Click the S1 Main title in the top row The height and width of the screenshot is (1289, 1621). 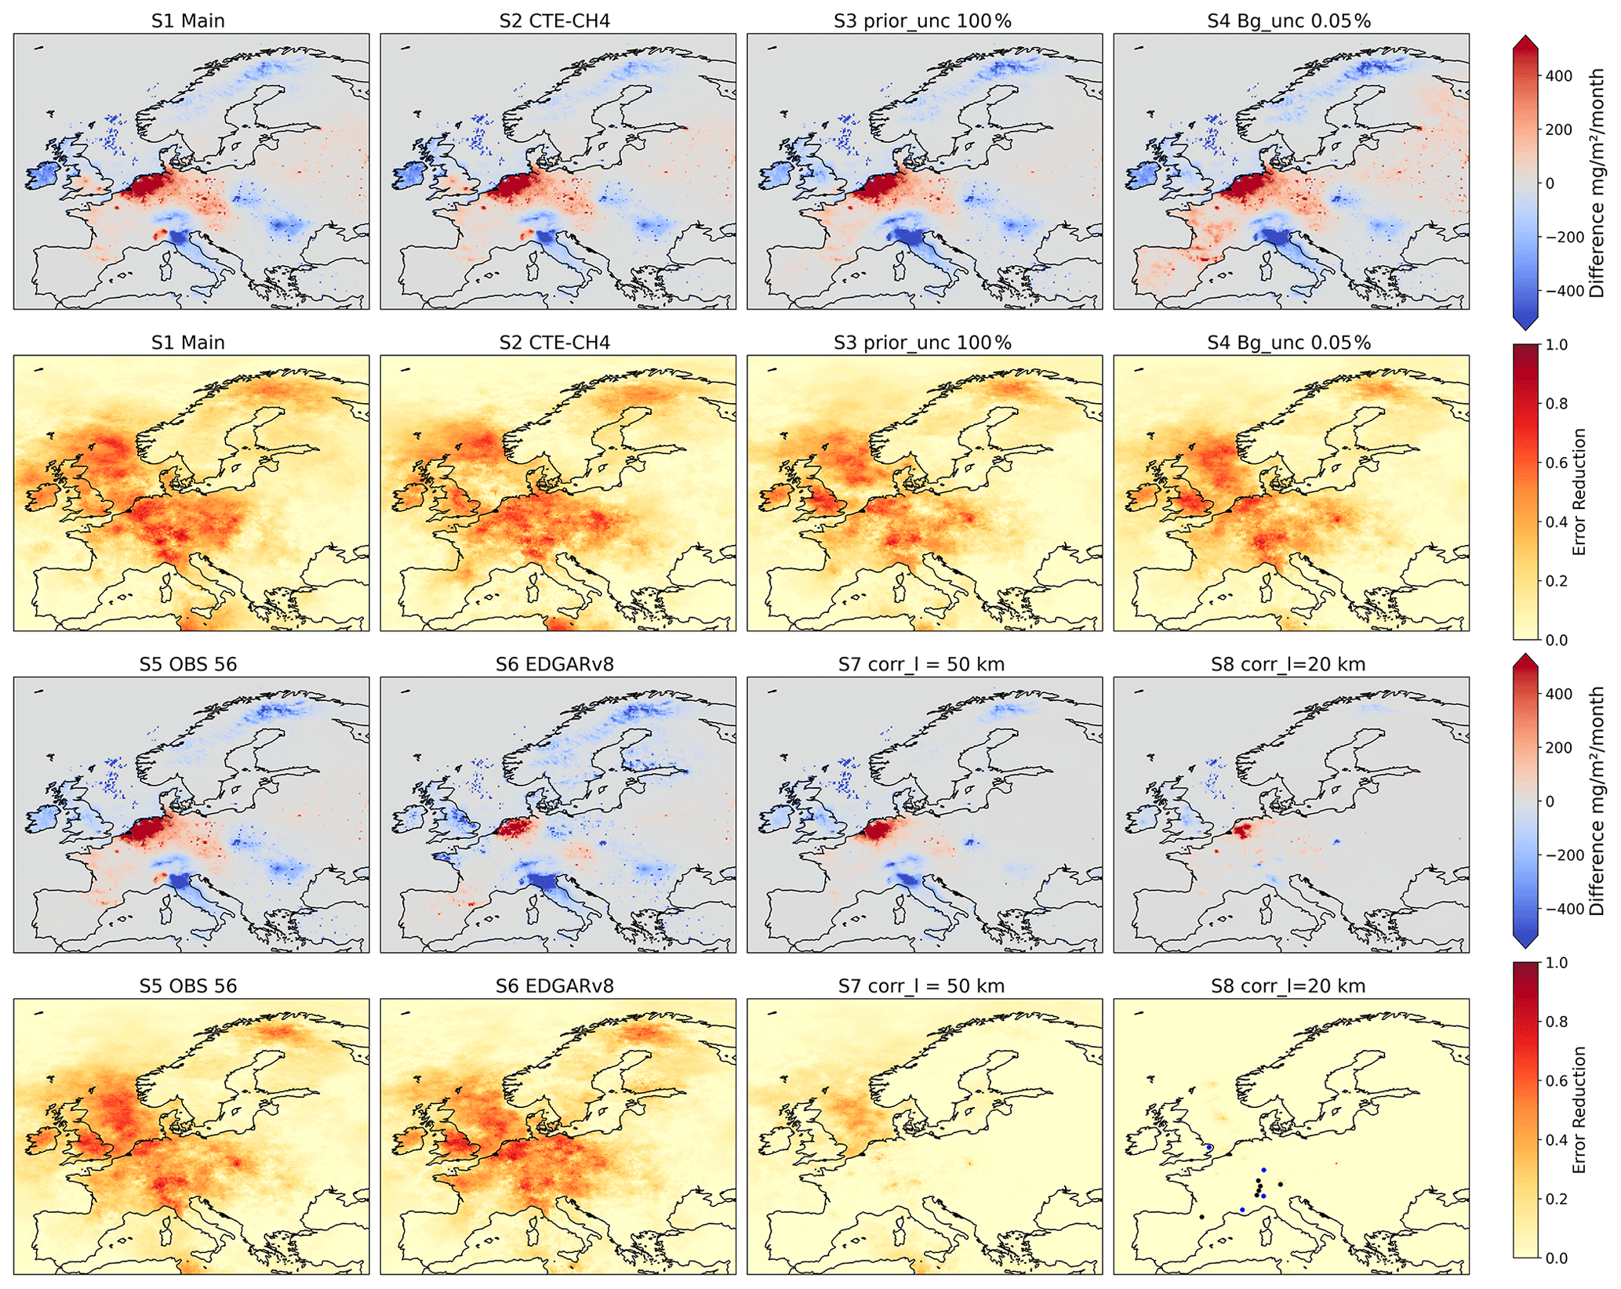[188, 21]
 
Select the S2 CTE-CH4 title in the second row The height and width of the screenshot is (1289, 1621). [554, 343]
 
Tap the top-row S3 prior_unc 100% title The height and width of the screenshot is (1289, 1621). [923, 21]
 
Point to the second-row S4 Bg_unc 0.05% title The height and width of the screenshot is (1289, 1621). [1289, 343]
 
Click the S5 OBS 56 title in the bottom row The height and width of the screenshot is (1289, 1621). [188, 986]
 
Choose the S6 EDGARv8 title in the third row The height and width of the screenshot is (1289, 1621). [554, 664]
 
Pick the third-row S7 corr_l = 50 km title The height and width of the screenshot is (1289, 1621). [921, 664]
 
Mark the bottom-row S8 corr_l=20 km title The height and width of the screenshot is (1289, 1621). [1288, 986]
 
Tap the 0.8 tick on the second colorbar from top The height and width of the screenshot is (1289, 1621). [1557, 404]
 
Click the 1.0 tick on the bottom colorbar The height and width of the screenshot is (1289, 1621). [1557, 963]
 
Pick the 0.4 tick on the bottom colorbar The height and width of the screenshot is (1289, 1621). [1557, 1140]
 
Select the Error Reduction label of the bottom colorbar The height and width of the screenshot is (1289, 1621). [1579, 1109]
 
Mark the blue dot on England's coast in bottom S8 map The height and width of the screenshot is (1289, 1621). [1209, 1148]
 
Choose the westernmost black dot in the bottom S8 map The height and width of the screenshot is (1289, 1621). [1201, 1217]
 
